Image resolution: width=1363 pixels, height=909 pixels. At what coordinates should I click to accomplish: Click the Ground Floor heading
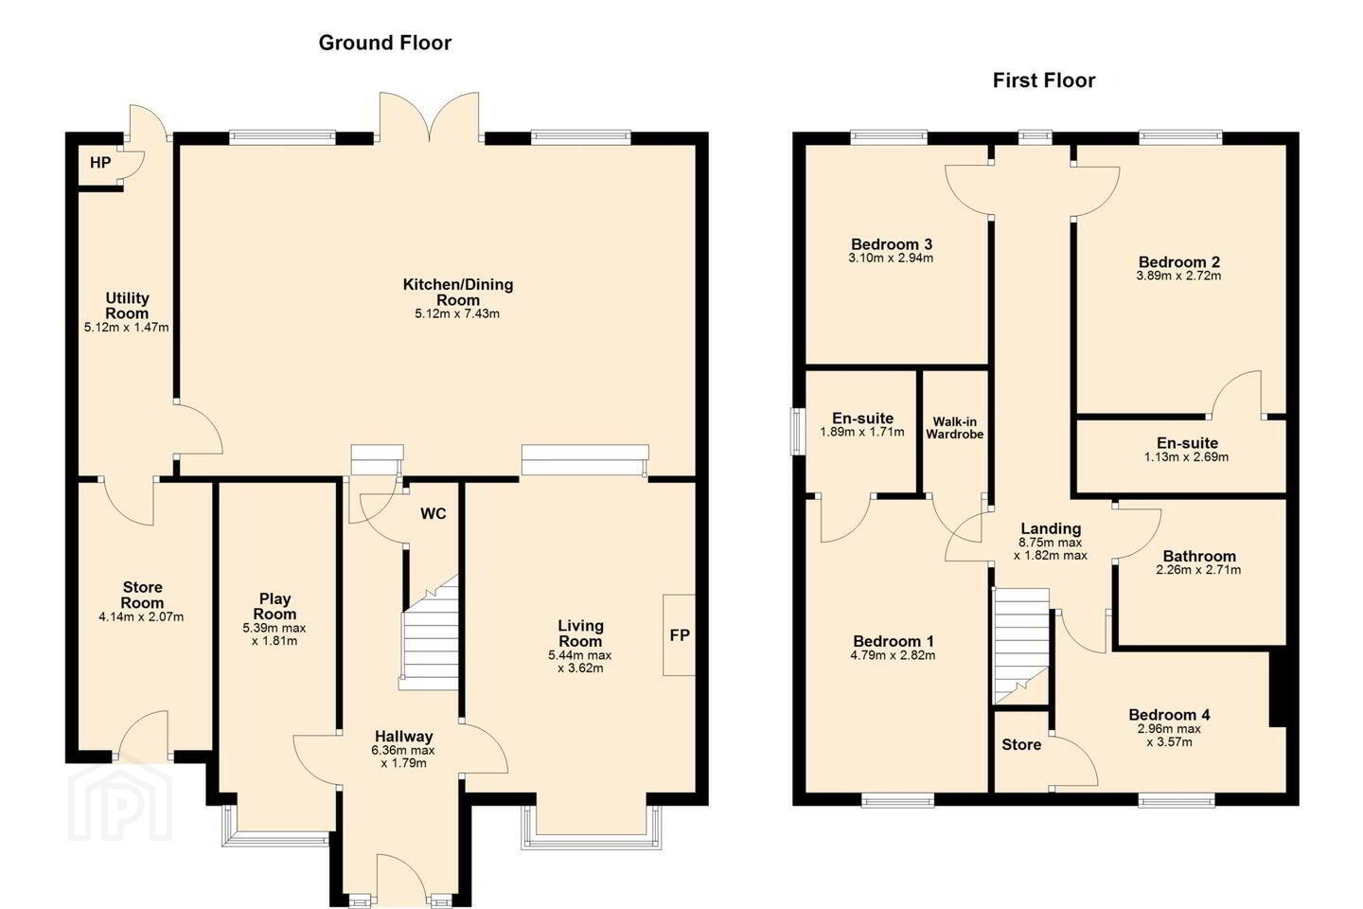384,43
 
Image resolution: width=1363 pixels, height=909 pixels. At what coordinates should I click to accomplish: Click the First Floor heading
1043,80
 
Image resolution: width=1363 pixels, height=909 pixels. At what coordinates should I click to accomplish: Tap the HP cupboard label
100,163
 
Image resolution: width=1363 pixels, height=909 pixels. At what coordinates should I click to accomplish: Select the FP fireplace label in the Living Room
679,635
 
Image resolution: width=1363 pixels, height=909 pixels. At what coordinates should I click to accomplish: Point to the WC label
434,514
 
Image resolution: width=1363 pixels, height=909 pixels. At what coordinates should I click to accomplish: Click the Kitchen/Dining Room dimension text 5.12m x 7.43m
457,314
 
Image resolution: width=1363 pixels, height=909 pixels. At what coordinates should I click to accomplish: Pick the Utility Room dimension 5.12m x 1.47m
127,328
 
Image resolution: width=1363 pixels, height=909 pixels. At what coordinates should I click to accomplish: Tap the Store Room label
142,595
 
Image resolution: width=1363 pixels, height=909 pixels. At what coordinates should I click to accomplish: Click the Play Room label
274,606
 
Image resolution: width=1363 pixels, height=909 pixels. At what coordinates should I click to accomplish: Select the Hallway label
403,736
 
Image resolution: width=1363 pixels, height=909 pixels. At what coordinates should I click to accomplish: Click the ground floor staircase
429,633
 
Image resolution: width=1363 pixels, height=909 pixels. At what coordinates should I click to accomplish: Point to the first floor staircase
1021,647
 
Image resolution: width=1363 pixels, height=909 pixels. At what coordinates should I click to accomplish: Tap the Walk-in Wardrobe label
955,428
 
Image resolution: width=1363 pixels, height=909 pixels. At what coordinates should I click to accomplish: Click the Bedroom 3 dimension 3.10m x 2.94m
891,258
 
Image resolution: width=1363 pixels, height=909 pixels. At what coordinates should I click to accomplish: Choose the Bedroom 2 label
1178,262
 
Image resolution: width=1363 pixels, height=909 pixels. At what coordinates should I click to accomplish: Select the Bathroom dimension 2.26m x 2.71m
1198,570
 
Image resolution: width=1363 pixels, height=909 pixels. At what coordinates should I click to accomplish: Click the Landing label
1051,529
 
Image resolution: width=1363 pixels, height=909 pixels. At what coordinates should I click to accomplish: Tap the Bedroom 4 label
1169,715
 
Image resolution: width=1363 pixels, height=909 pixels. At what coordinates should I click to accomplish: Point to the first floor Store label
1021,744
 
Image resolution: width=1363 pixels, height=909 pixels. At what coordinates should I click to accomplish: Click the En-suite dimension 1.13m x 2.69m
1186,457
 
